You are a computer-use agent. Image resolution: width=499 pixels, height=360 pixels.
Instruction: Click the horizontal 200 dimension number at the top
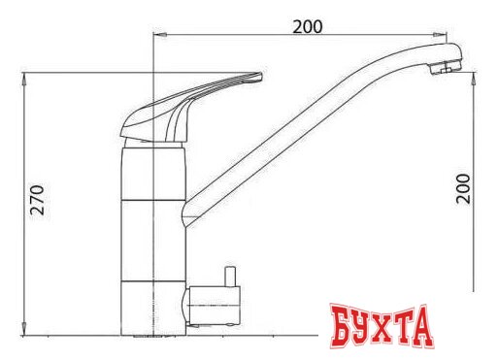[x=308, y=26]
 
